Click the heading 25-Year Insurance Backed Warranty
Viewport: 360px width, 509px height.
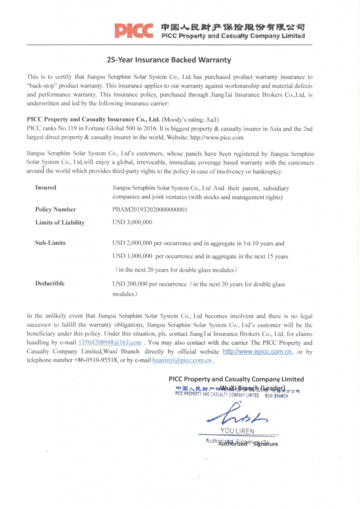pos(169,60)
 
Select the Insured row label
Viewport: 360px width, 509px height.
pos(46,188)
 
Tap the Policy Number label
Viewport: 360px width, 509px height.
pos(55,210)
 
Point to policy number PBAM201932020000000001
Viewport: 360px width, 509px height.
pos(150,210)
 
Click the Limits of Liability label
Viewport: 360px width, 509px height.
pos(60,223)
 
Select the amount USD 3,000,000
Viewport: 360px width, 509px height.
pos(132,222)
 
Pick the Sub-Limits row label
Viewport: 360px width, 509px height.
pos(50,243)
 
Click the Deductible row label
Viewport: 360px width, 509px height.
pos(50,283)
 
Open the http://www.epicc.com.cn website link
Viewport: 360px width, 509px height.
pos(257,351)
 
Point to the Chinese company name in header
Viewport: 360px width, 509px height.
pos(233,26)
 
